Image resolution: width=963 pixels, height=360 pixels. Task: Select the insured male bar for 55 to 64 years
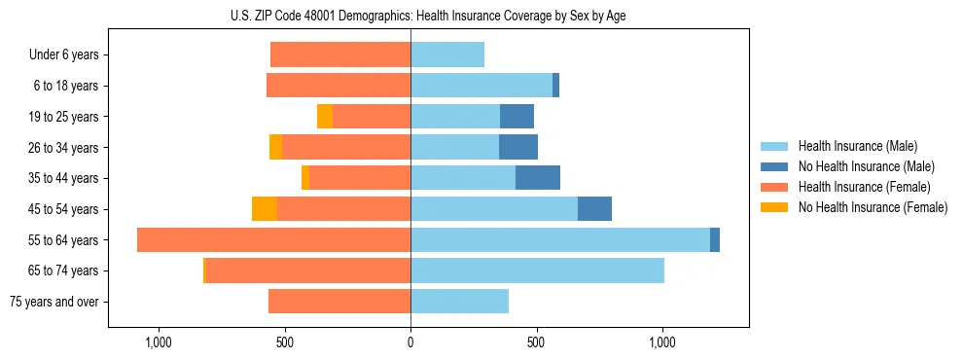click(x=560, y=239)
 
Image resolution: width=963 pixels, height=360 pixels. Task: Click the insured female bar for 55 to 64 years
click(x=273, y=239)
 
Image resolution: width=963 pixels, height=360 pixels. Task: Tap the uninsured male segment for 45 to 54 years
click(x=594, y=209)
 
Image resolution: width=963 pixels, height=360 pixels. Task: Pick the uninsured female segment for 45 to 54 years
click(x=265, y=209)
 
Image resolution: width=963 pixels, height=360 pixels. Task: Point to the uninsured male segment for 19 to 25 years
click(x=517, y=117)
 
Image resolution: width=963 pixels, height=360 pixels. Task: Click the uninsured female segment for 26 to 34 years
click(x=276, y=147)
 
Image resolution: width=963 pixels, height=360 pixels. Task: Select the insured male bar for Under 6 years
click(x=447, y=55)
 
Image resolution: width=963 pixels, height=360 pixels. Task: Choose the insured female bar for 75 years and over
click(x=339, y=302)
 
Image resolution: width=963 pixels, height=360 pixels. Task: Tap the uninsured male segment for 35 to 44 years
click(x=538, y=178)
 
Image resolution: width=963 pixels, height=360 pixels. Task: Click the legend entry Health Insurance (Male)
click(x=857, y=146)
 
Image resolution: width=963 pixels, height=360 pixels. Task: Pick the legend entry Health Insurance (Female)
click(x=864, y=187)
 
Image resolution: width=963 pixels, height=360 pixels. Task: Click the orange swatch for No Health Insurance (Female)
click(x=774, y=207)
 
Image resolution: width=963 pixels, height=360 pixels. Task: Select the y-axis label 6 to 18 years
click(x=66, y=86)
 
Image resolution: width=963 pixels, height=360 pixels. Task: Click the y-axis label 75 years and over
click(x=53, y=302)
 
